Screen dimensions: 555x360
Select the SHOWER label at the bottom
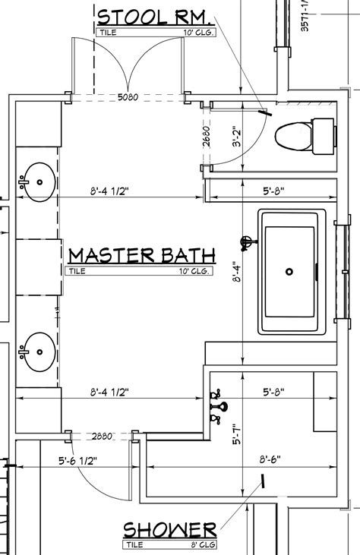pyautogui.click(x=170, y=529)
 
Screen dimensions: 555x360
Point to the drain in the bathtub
pyautogui.click(x=289, y=271)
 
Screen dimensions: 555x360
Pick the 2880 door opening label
pyautogui.click(x=102, y=437)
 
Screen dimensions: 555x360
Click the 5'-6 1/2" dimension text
pyautogui.click(x=77, y=459)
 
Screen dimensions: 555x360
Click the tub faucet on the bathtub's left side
pyautogui.click(x=246, y=243)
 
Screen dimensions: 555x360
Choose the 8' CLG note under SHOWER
pyautogui.click(x=201, y=544)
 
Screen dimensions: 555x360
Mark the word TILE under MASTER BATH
pyautogui.click(x=78, y=270)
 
